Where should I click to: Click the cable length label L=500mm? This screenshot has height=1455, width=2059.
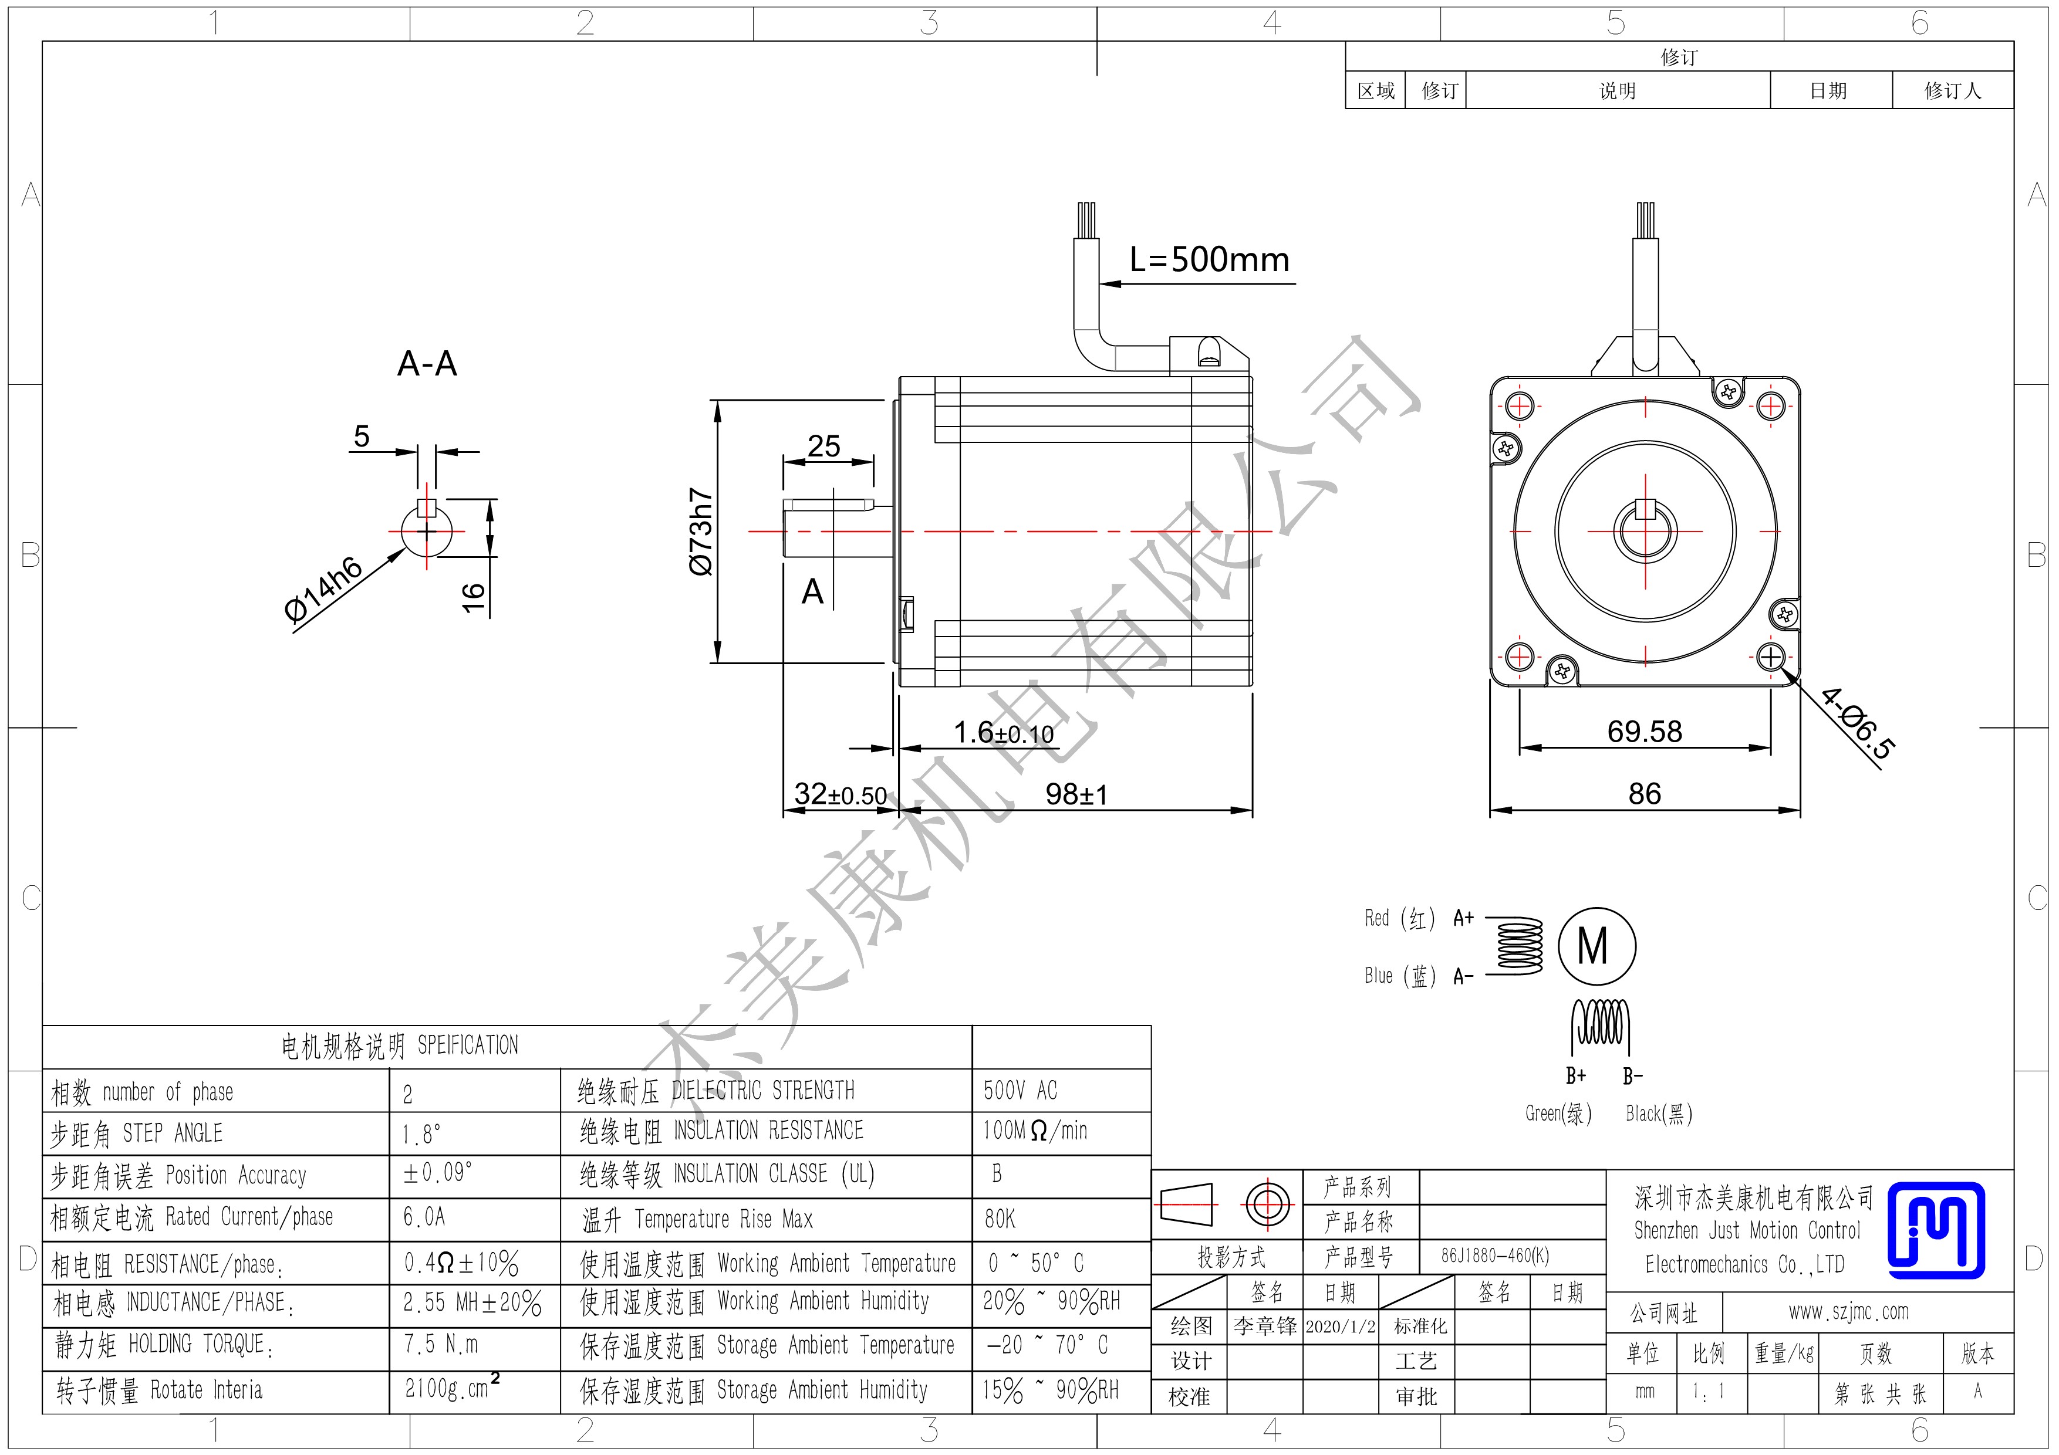(x=1209, y=259)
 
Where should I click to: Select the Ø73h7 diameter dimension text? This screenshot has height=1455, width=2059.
(x=700, y=532)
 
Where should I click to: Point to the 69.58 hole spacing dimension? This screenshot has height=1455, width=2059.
(x=1644, y=732)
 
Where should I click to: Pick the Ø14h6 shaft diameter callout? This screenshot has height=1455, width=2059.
(x=323, y=589)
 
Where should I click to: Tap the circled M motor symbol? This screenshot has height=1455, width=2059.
(x=1596, y=946)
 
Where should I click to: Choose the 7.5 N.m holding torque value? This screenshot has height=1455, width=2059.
(x=440, y=1344)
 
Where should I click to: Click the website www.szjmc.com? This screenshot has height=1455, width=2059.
(x=1848, y=1312)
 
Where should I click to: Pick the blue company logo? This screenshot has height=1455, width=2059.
(x=1936, y=1230)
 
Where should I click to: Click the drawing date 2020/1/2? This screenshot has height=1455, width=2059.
(x=1340, y=1327)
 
